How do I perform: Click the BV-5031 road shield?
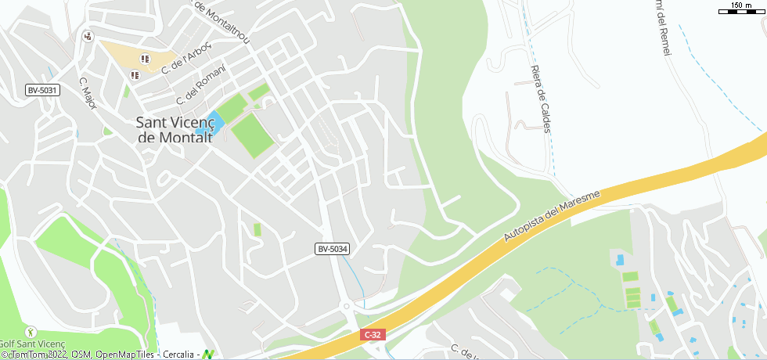click(42, 90)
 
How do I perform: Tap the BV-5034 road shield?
click(332, 249)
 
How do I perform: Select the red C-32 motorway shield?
click(373, 334)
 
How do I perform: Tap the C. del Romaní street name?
click(200, 84)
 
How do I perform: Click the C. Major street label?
click(88, 92)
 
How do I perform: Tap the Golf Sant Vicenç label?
click(31, 344)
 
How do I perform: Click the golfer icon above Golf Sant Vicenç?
click(31, 332)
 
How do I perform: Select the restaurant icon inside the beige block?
click(145, 59)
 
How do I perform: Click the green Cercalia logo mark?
click(208, 354)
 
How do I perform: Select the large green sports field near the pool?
click(252, 135)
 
